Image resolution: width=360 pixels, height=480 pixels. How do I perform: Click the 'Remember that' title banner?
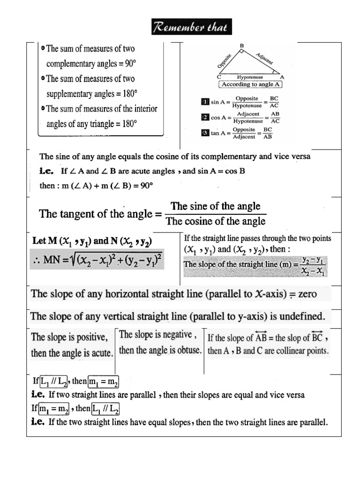[191, 27]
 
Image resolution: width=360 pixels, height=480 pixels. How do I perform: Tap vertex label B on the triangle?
[242, 45]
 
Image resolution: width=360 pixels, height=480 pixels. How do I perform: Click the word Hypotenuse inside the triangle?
[250, 77]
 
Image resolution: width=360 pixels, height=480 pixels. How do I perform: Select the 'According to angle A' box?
[250, 84]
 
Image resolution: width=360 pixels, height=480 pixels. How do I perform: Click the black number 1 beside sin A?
[204, 101]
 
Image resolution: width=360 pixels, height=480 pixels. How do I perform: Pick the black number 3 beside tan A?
[204, 133]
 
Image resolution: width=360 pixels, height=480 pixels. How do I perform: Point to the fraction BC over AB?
[268, 133]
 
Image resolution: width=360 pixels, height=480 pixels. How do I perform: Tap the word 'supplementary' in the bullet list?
[72, 94]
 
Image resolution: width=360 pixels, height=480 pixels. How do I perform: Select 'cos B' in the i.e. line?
[235, 171]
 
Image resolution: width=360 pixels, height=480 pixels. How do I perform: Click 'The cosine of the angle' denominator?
[216, 221]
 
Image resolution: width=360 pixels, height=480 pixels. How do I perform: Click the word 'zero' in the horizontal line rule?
[307, 294]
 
